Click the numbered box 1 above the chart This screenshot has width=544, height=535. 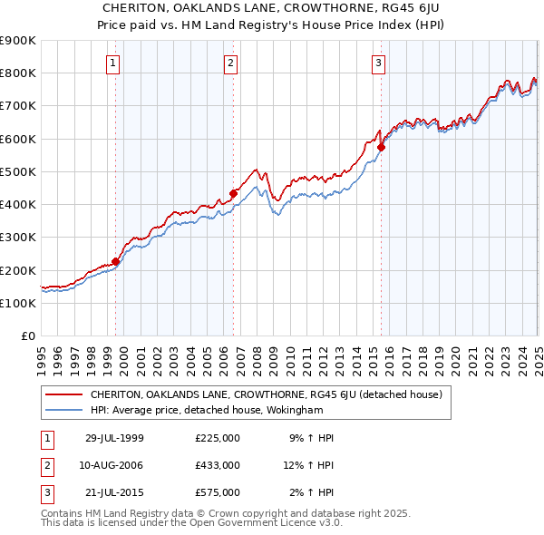pyautogui.click(x=112, y=63)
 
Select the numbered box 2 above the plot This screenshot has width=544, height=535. pyautogui.click(x=231, y=63)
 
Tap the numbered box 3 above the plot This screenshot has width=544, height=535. pyautogui.click(x=378, y=63)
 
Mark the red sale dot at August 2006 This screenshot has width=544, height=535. pyautogui.click(x=233, y=193)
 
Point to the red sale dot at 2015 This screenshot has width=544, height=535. pyautogui.click(x=382, y=147)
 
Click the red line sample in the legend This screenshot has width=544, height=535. pyautogui.click(x=64, y=394)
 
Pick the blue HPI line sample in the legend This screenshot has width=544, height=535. pyautogui.click(x=64, y=410)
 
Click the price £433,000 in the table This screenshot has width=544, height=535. pyautogui.click(x=218, y=465)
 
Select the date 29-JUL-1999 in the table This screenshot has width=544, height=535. pyautogui.click(x=114, y=438)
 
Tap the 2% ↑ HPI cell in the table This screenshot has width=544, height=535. pyautogui.click(x=313, y=492)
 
